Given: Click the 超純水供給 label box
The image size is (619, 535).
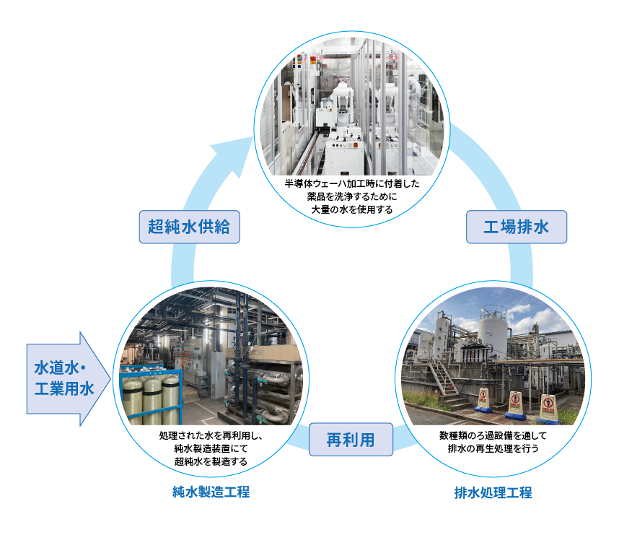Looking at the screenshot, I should click(x=189, y=227).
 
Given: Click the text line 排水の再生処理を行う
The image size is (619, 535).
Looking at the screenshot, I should click(x=493, y=448).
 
